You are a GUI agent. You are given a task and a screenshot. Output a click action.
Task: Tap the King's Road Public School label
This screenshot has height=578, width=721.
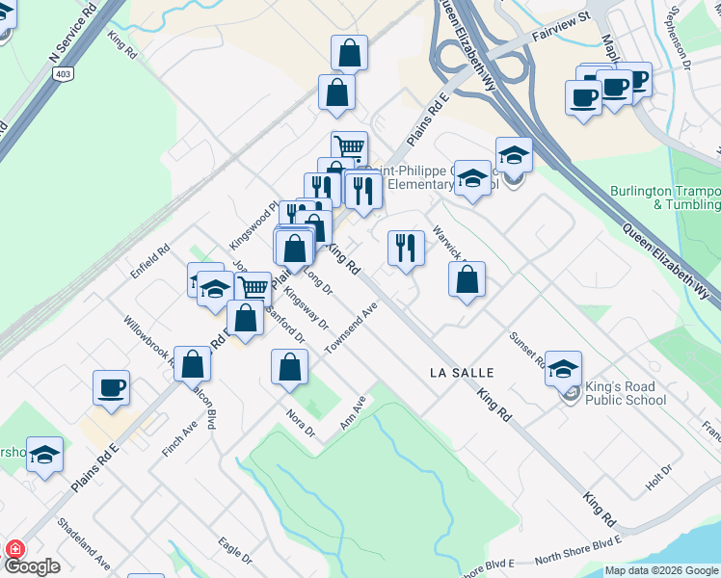click(x=625, y=393)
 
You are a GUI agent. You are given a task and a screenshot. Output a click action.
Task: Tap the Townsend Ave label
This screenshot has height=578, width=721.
click(x=353, y=328)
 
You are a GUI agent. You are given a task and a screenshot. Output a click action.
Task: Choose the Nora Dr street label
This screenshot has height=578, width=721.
click(x=301, y=421)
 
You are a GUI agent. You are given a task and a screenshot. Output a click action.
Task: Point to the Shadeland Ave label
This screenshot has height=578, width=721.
click(x=84, y=543)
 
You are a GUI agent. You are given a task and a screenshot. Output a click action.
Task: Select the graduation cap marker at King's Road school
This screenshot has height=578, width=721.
click(x=563, y=368)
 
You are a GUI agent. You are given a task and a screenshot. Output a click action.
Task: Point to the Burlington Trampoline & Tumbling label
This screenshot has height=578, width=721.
click(x=665, y=197)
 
